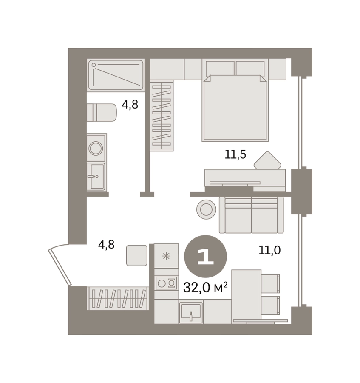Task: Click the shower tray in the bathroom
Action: (x=116, y=75)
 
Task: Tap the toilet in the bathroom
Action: (x=102, y=112)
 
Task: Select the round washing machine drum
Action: (x=96, y=148)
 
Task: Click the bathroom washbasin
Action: (x=97, y=176)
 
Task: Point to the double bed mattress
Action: (x=235, y=108)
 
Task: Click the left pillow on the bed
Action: (x=220, y=68)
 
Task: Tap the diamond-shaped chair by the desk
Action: (x=268, y=160)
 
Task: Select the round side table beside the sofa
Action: (x=206, y=209)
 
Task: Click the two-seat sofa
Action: (x=251, y=215)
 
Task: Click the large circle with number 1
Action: (x=205, y=257)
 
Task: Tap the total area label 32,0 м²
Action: (x=205, y=288)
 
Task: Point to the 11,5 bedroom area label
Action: (x=235, y=154)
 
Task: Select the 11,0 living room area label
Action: (x=269, y=250)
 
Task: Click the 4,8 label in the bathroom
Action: (x=130, y=104)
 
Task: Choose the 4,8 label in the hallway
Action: (x=106, y=244)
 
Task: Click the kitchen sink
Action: (x=191, y=313)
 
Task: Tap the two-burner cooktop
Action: (x=166, y=283)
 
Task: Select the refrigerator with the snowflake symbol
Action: (x=166, y=256)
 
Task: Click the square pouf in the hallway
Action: (x=136, y=255)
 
